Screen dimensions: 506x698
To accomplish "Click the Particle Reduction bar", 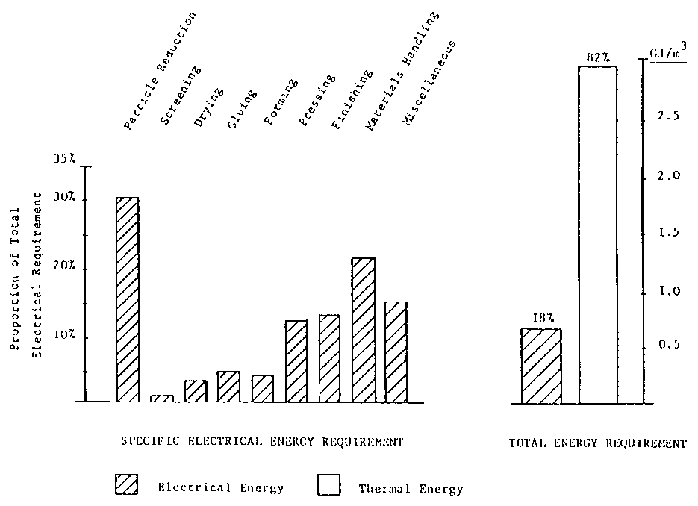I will click(x=128, y=299).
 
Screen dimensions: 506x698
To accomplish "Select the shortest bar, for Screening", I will click(x=162, y=399).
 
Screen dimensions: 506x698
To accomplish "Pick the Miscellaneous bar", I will click(x=396, y=352).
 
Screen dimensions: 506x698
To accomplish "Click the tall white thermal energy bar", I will click(x=598, y=235).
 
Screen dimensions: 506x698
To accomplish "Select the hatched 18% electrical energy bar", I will click(x=541, y=366).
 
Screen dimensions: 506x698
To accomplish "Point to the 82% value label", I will click(x=597, y=56).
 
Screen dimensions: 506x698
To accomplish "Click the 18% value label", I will click(x=540, y=319).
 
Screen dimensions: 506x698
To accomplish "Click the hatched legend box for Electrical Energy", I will click(x=126, y=485).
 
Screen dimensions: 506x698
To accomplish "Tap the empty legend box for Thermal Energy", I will click(x=328, y=486).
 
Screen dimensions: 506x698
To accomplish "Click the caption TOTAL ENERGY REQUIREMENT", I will click(x=597, y=443).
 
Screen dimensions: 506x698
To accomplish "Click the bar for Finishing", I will click(x=329, y=358).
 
